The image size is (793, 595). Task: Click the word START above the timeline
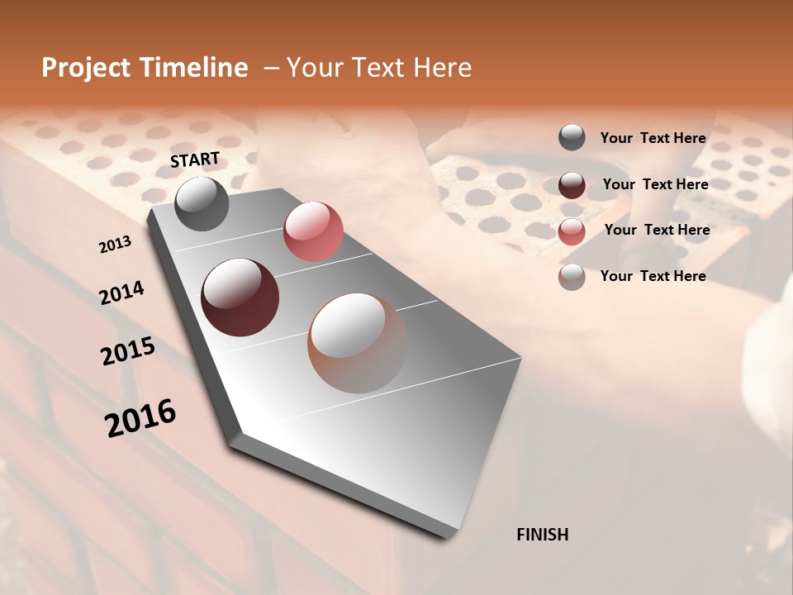tap(195, 159)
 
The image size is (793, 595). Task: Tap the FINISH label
tap(542, 535)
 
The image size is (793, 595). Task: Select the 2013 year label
tap(115, 245)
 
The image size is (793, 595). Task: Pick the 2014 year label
tap(121, 293)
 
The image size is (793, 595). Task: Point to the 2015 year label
tap(127, 351)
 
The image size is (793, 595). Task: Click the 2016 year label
tap(140, 417)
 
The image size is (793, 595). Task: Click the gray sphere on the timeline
tap(202, 203)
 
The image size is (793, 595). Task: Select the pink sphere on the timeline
tap(313, 231)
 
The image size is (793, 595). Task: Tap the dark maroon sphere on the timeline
tap(240, 297)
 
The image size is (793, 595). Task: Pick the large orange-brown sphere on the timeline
tap(357, 343)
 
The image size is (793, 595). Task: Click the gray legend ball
tap(572, 138)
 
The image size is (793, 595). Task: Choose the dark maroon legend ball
tap(572, 185)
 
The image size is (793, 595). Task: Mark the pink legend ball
tap(572, 231)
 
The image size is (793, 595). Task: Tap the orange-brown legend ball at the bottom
tap(572, 277)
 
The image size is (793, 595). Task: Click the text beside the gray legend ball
tap(653, 138)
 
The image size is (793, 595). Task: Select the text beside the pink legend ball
tap(657, 230)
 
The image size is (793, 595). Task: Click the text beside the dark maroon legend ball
tap(655, 184)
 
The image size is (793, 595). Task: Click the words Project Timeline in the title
tap(145, 68)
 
